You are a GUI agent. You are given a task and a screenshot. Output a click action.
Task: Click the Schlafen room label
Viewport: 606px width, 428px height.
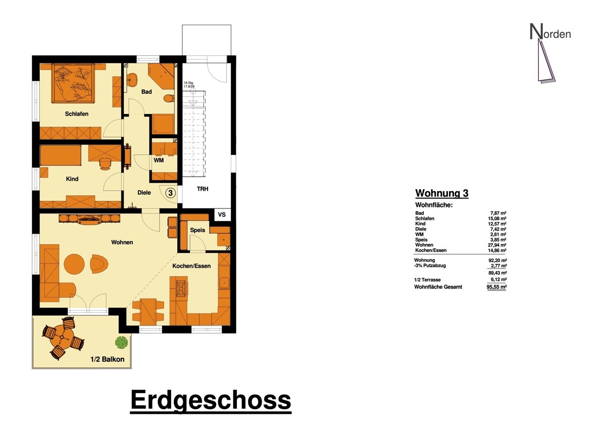click(77, 114)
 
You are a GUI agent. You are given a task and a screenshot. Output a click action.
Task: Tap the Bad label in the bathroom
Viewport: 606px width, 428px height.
click(146, 92)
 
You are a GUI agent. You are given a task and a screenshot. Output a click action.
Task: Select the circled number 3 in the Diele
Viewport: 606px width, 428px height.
click(171, 193)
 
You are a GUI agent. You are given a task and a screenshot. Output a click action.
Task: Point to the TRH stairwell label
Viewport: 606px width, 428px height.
click(203, 189)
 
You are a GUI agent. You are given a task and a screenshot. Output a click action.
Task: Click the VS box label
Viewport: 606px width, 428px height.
click(222, 215)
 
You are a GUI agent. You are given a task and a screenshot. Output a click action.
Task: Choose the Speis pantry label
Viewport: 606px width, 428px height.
click(197, 230)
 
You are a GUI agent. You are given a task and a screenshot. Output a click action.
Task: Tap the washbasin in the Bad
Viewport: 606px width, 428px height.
click(132, 80)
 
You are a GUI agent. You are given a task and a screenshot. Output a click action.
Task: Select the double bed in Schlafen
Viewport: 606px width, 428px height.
click(73, 83)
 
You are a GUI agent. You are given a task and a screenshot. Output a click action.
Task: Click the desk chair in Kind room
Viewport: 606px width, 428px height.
click(105, 164)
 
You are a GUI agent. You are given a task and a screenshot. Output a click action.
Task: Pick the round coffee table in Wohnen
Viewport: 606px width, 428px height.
click(74, 264)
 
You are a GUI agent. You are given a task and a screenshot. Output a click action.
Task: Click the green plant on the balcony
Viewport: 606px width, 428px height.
click(122, 342)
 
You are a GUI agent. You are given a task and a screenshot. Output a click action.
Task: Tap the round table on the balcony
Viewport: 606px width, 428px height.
click(63, 337)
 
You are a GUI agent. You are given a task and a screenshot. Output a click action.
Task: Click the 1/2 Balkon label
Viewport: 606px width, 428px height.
click(108, 359)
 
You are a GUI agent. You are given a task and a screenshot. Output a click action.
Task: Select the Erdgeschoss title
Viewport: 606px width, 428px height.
click(211, 400)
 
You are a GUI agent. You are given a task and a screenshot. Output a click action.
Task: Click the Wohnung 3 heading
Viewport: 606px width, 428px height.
click(442, 193)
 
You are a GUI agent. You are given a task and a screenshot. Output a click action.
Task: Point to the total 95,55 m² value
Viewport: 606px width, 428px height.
click(496, 287)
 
